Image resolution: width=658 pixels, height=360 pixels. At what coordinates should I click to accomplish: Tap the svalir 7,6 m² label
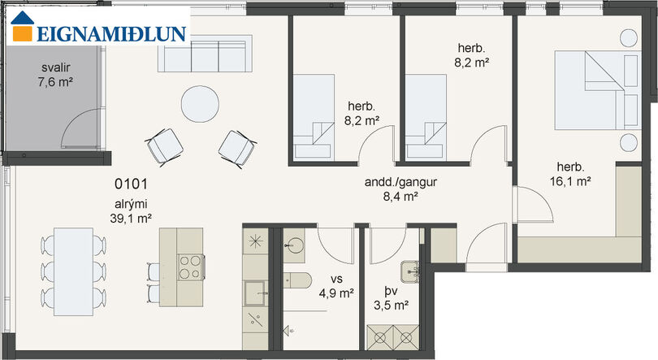tap(55, 75)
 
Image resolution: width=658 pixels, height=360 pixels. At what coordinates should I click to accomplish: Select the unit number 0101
tap(131, 184)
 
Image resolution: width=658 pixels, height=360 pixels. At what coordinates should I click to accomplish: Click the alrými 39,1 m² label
tap(131, 211)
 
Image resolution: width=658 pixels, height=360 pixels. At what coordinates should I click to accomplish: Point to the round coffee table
tap(200, 104)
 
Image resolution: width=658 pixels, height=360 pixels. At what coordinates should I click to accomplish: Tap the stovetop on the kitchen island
tap(191, 267)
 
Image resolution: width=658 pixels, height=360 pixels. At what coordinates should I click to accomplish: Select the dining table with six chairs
tap(73, 271)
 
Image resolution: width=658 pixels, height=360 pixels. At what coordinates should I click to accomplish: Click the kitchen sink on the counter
tap(256, 293)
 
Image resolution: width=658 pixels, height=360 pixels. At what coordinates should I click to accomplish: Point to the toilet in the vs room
tap(297, 280)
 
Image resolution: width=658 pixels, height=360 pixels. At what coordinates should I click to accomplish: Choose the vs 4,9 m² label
tap(336, 287)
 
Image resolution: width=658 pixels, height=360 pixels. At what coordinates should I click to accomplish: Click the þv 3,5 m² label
tap(391, 298)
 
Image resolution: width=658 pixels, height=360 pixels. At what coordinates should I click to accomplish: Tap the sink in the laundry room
tap(409, 272)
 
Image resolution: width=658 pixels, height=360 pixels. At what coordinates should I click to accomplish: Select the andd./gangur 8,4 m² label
tap(400, 189)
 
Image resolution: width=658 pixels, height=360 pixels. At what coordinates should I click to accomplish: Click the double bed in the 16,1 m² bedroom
tap(598, 89)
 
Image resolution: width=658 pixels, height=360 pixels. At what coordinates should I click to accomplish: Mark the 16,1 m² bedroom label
tap(571, 174)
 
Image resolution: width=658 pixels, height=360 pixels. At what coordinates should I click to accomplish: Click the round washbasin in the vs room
tap(295, 245)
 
